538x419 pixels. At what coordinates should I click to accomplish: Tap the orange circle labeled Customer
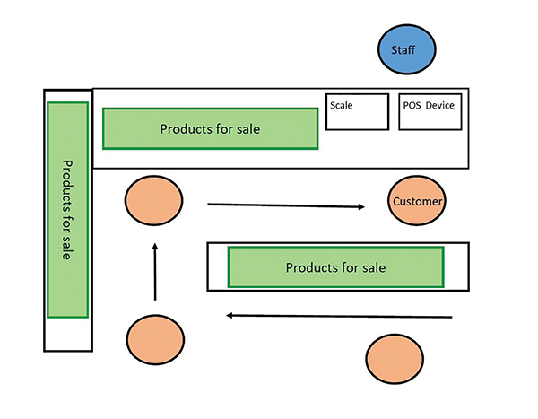(417, 202)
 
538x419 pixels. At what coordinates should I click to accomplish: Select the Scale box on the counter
(357, 111)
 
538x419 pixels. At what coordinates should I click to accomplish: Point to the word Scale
(342, 105)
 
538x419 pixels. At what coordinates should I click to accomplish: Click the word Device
(440, 105)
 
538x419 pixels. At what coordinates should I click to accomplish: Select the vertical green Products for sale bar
(67, 210)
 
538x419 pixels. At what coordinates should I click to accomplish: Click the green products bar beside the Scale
(210, 128)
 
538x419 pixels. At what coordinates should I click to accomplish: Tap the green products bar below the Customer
(335, 267)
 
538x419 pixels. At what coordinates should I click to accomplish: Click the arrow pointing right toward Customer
(286, 205)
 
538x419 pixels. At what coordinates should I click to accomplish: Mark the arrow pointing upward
(154, 271)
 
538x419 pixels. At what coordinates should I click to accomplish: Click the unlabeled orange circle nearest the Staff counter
(153, 201)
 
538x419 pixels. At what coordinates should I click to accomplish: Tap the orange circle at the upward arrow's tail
(156, 340)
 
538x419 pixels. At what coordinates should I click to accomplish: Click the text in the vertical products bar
(67, 210)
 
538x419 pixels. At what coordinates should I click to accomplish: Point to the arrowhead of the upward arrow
(154, 245)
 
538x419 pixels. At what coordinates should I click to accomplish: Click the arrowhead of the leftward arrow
(230, 315)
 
